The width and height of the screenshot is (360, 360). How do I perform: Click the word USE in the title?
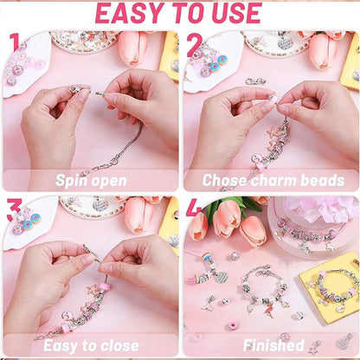(234, 14)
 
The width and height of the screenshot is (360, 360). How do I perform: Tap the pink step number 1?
(13, 42)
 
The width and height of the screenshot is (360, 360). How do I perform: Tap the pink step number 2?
(195, 42)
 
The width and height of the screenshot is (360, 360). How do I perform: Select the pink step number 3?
(13, 209)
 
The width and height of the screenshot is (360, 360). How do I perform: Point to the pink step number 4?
(195, 209)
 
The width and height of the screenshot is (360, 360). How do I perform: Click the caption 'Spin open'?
(91, 180)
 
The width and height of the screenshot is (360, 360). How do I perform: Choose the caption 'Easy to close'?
(91, 345)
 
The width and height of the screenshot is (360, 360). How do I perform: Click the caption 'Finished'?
(273, 345)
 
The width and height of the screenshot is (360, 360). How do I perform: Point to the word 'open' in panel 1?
(112, 181)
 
